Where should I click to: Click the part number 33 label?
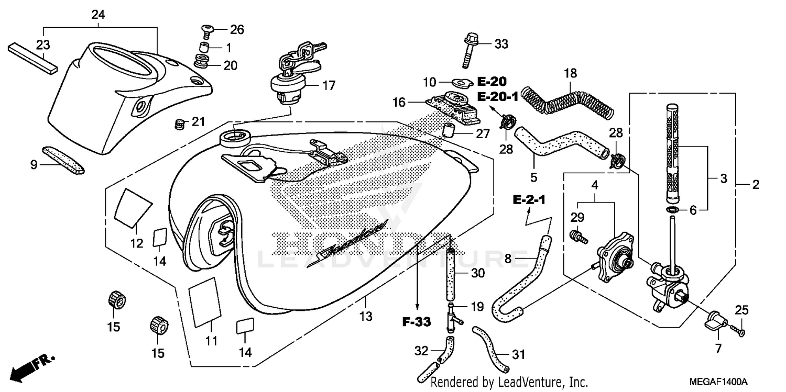pyautogui.click(x=501, y=44)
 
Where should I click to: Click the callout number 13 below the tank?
pyautogui.click(x=365, y=316)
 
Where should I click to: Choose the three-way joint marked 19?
pyautogui.click(x=451, y=318)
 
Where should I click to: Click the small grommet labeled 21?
pyautogui.click(x=180, y=125)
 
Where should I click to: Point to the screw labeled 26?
pyautogui.click(x=208, y=30)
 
